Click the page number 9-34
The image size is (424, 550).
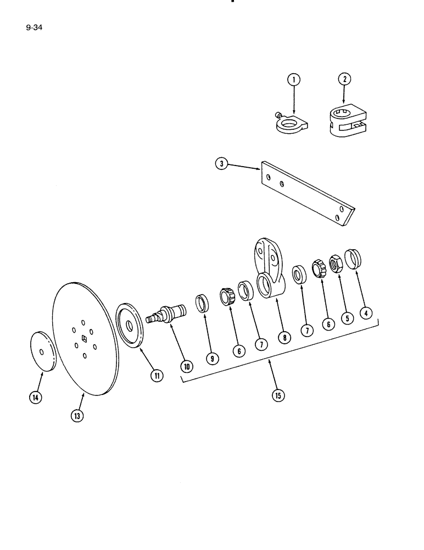click(x=34, y=25)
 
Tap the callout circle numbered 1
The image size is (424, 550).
click(x=294, y=80)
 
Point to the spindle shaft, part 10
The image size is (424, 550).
click(x=167, y=314)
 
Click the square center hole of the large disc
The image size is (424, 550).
click(x=83, y=338)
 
